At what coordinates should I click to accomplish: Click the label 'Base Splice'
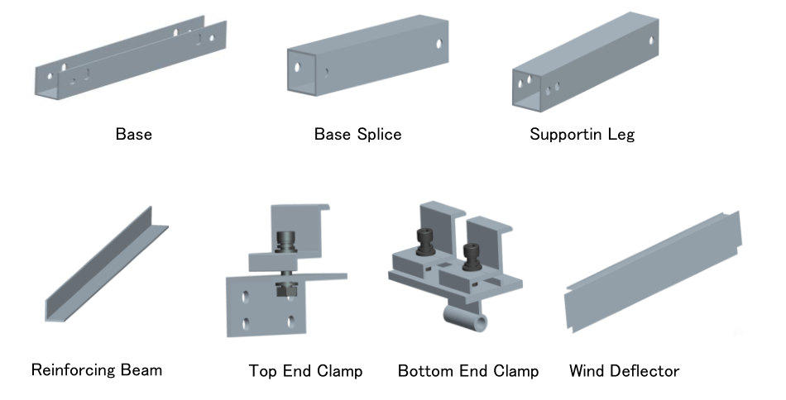coord(357,134)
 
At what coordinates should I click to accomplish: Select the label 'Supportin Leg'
coord(582,134)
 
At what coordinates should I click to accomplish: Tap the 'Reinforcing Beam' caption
coord(97,369)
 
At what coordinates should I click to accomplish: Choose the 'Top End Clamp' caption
coord(305,371)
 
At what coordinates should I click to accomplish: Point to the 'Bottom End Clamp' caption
coord(468,371)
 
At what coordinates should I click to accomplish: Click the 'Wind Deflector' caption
coord(624,371)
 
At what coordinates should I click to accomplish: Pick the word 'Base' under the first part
coord(133,134)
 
